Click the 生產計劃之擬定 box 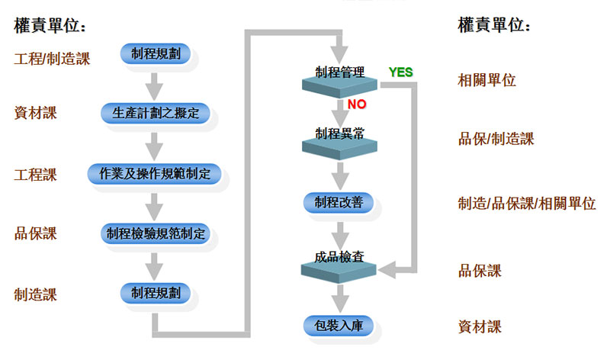155,114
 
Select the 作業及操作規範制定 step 155,174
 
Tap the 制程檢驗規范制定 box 155,233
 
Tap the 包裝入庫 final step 340,326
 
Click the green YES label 400,72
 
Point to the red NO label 358,104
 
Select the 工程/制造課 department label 52,59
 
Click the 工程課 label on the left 35,175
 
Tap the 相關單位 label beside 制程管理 486,79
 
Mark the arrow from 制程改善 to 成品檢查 340,233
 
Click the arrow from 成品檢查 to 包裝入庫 340,295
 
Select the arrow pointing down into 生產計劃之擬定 155,84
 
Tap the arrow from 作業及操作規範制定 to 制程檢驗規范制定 155,204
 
